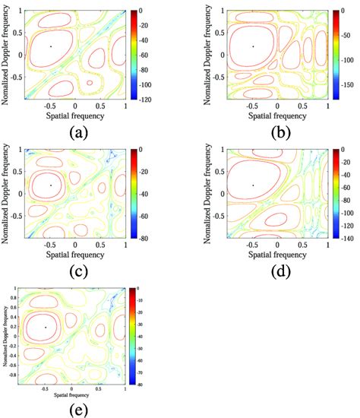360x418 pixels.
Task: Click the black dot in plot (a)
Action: point(51,46)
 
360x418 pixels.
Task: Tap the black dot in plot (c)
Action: point(51,185)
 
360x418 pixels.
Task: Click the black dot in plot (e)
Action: point(46,327)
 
